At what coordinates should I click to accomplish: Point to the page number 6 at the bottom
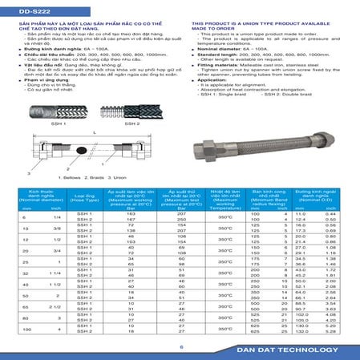point(181,346)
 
